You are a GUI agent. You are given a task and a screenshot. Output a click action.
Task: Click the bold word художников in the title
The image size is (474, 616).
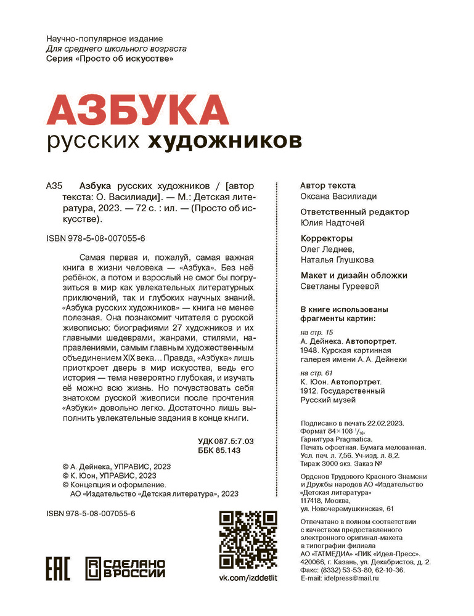225,142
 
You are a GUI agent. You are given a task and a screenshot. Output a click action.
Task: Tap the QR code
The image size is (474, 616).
248,540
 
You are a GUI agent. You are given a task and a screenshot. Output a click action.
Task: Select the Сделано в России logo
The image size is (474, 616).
125,567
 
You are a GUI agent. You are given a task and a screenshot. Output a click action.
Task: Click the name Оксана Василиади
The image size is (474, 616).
338,197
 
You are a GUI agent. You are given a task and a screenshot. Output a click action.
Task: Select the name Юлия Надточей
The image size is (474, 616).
333,223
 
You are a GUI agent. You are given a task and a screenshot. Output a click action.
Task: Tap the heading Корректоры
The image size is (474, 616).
326,238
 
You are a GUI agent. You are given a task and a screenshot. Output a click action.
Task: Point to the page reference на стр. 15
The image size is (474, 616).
315,333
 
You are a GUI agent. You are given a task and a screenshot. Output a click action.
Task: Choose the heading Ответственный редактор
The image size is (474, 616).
354,212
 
